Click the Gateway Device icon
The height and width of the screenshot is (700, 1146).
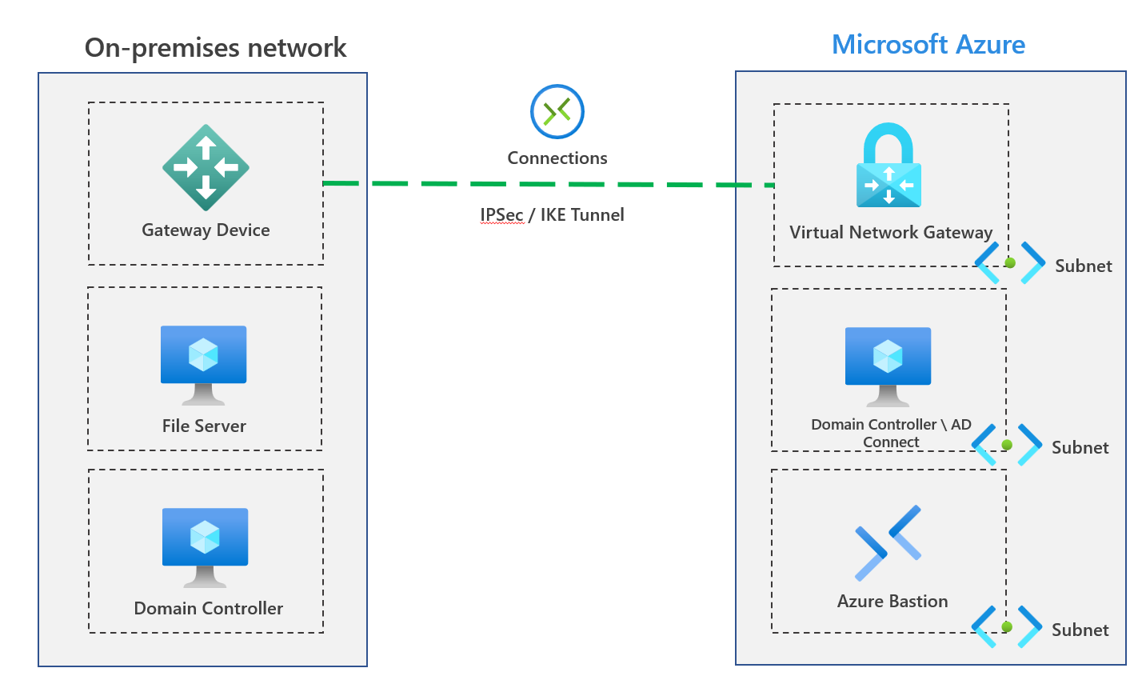point(206,167)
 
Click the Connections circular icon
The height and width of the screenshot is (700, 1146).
point(557,111)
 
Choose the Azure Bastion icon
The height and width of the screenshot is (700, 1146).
point(888,542)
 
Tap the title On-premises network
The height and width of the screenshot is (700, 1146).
point(215,47)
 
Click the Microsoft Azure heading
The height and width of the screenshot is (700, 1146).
point(928,44)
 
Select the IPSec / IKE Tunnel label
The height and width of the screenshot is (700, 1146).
point(552,214)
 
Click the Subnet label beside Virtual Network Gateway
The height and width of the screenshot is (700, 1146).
point(1083,266)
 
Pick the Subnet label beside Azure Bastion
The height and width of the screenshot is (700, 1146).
point(1080,630)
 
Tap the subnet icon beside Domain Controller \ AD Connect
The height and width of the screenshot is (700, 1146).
point(1007,445)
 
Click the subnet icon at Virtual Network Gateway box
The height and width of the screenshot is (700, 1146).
point(1010,262)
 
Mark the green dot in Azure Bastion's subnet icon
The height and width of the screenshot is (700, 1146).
point(1007,627)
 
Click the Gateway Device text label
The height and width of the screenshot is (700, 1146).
point(206,230)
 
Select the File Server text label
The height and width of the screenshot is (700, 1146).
point(204,426)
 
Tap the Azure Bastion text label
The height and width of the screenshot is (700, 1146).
point(892,601)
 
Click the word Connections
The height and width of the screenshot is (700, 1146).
point(557,158)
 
